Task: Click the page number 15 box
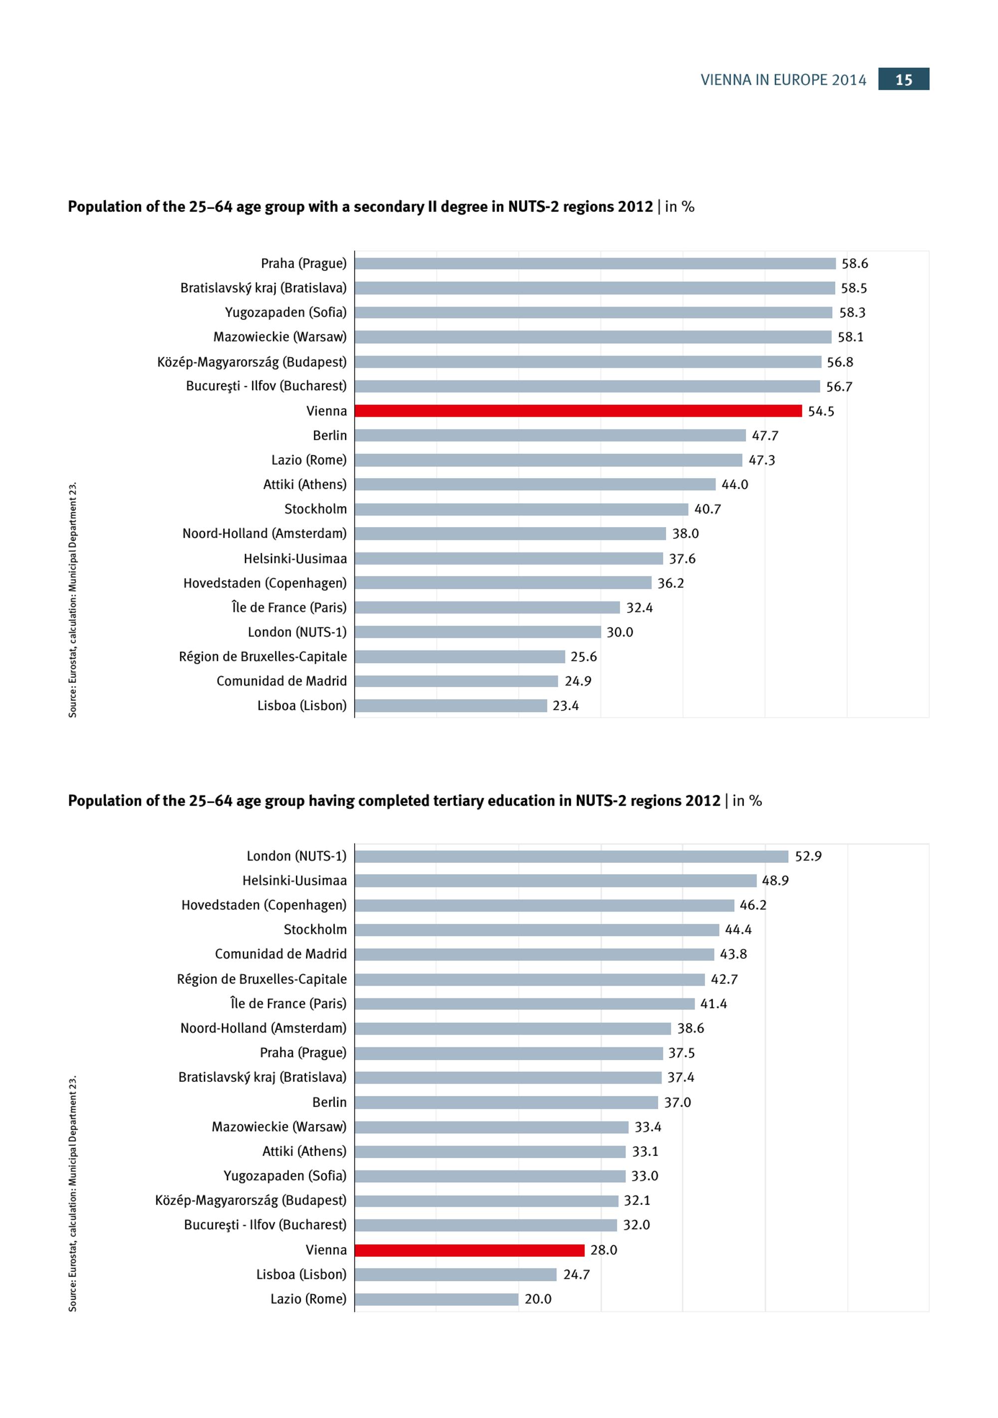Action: pos(904,79)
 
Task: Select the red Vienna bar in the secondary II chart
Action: pos(578,411)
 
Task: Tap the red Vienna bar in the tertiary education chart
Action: pos(470,1250)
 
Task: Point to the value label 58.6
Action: pos(855,264)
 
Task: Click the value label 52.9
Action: pos(808,856)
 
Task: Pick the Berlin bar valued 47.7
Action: pos(550,435)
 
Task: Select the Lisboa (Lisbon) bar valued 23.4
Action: pos(451,705)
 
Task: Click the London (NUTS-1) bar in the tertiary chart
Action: pos(571,856)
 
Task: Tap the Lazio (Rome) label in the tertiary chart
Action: pos(308,1299)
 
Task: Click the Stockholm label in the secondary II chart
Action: pos(315,509)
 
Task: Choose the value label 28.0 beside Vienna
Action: pos(604,1250)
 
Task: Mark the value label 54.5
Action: pos(821,411)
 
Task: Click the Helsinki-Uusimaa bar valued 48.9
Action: pos(556,880)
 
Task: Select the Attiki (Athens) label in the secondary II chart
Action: pos(305,485)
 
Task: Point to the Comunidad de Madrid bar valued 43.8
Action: pos(535,954)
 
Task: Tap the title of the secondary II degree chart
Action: pos(381,207)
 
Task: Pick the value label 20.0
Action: pos(538,1299)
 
